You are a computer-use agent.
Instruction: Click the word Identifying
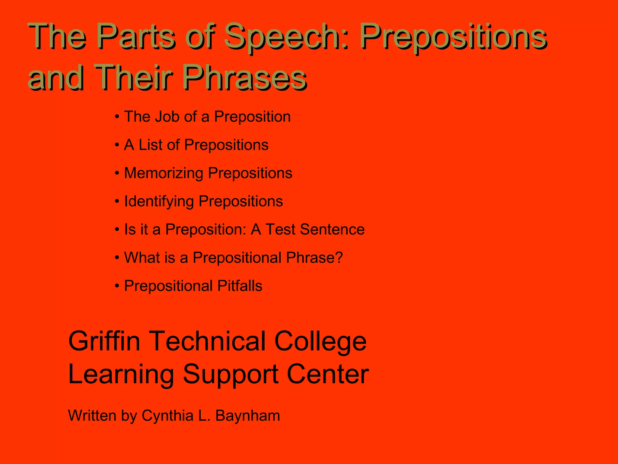159,201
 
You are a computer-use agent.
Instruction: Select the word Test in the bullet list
281,229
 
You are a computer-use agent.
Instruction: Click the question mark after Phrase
339,257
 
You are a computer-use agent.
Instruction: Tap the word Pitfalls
240,286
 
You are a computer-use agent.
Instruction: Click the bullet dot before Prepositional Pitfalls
117,286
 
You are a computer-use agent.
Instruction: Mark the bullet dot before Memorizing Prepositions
117,173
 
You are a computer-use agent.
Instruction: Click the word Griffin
104,341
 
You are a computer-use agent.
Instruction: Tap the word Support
231,375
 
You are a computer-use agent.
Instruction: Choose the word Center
327,375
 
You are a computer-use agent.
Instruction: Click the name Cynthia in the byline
167,416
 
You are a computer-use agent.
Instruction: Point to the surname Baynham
247,416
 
